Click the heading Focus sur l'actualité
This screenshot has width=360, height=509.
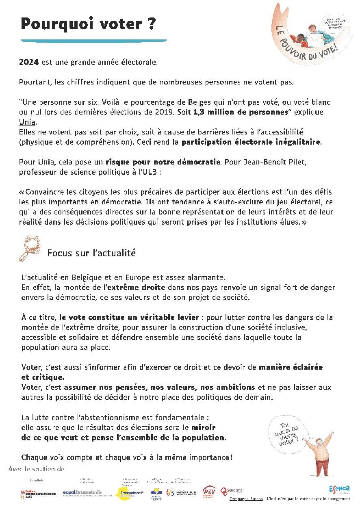coord(91,253)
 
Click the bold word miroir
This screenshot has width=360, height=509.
coord(204,428)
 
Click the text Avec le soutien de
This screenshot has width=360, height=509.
coord(37,469)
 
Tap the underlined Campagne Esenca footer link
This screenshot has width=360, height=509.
coord(245,499)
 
